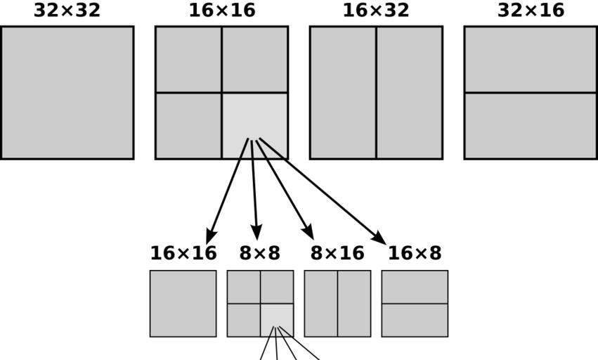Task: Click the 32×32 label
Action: click(67, 11)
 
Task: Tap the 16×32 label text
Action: click(376, 11)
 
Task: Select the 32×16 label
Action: click(531, 11)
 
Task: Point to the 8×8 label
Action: click(259, 253)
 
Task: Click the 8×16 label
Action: click(337, 253)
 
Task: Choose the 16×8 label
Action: click(415, 253)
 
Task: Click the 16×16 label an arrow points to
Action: click(183, 253)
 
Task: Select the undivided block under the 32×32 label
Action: click(67, 92)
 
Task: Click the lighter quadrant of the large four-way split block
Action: click(254, 125)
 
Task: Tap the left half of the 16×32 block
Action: click(343, 92)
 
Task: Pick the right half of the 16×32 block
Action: click(409, 92)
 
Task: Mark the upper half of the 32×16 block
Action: click(531, 59)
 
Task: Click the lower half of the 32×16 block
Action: click(531, 125)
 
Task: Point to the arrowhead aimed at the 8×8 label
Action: click(256, 233)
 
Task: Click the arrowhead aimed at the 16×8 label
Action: click(379, 238)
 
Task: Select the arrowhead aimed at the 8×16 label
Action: click(308, 231)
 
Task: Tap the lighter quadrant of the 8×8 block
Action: click(277, 320)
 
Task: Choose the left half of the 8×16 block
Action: click(321, 304)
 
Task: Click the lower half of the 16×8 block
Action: click(415, 320)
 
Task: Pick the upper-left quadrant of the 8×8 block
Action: click(244, 287)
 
